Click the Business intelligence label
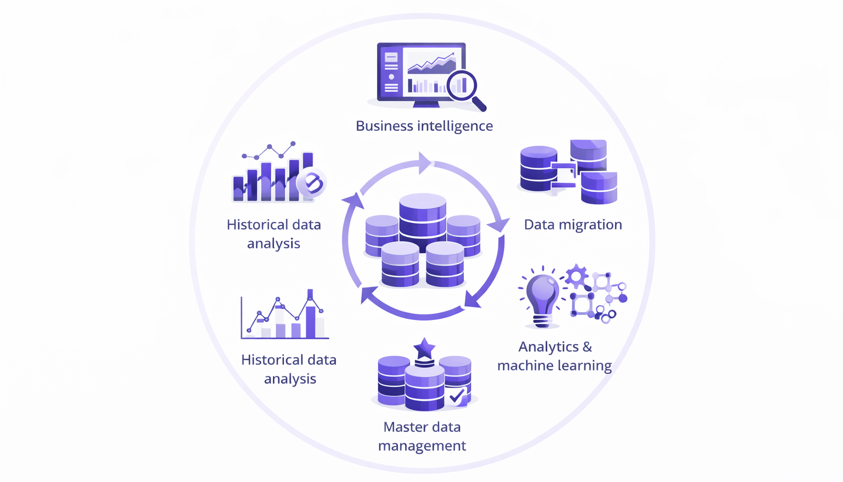coord(424,126)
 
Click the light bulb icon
coord(542,297)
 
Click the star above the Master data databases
coord(424,348)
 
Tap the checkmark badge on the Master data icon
coord(457,396)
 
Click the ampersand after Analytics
coord(587,347)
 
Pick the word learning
coord(585,365)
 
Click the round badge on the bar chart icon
coord(312,182)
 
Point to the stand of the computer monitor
coord(426,103)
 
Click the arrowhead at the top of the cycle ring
coord(424,163)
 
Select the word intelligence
coord(455,126)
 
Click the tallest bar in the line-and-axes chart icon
coord(310,316)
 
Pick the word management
coord(421,446)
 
